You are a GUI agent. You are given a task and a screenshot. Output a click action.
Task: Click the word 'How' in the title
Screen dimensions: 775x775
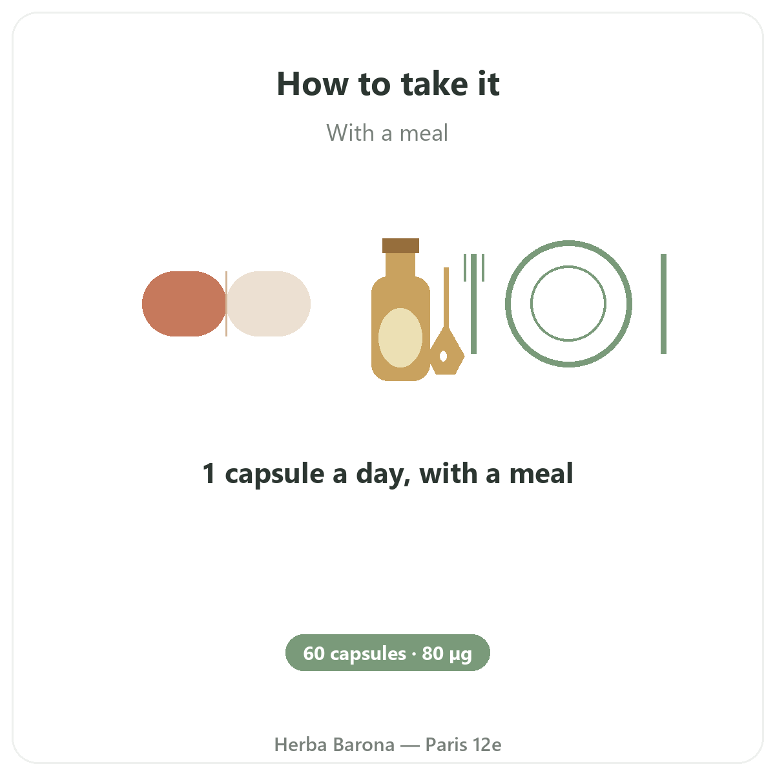point(313,84)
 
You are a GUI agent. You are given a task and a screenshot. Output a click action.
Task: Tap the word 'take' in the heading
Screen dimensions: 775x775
point(435,83)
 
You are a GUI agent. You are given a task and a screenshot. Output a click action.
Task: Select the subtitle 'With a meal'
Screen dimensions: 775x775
point(387,133)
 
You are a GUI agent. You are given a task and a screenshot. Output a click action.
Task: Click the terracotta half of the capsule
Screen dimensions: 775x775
point(183,304)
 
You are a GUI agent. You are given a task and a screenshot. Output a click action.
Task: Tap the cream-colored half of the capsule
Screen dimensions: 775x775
point(269,304)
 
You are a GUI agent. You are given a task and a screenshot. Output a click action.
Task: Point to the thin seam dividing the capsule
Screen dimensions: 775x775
point(227,304)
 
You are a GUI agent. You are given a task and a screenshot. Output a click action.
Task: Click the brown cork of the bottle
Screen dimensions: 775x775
point(400,245)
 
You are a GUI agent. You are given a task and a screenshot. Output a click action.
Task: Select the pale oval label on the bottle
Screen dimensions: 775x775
point(400,338)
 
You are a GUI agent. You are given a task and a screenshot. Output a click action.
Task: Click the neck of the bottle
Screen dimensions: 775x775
point(400,265)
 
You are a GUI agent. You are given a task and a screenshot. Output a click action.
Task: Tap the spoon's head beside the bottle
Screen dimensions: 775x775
point(447,352)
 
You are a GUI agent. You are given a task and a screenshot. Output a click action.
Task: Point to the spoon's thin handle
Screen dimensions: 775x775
point(446,297)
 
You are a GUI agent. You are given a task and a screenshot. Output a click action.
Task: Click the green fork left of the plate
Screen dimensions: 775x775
point(474,304)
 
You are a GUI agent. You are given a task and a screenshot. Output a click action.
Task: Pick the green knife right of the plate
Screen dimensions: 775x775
point(664,304)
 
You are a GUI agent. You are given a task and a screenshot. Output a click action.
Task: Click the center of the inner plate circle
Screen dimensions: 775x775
point(568,304)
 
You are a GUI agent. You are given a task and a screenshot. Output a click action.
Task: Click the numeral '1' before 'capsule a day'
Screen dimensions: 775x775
point(209,473)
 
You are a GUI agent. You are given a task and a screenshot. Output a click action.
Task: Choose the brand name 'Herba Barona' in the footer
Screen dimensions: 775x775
point(334,745)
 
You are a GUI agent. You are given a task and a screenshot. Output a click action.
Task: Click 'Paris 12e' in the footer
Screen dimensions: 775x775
point(463,745)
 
